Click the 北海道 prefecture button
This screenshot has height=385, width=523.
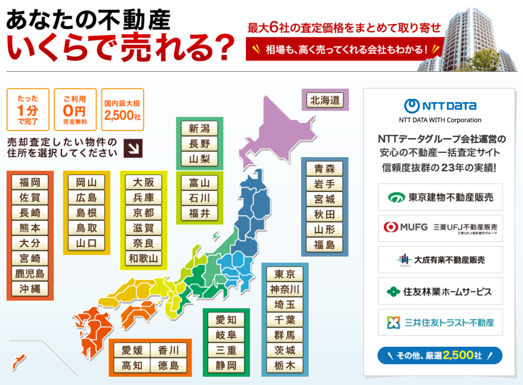[325, 100]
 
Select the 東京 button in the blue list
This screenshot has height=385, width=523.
[285, 274]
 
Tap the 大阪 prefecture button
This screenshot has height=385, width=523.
[144, 182]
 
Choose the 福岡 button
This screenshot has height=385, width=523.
[30, 182]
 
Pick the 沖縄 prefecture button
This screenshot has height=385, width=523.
[30, 289]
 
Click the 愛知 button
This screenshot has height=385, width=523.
[226, 320]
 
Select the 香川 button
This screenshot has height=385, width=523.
[168, 350]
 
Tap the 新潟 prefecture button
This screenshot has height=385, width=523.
[199, 128]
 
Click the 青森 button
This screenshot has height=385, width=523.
[325, 168]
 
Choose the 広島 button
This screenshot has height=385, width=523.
[87, 198]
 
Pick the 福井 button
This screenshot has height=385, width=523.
[199, 213]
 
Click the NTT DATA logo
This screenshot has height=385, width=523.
[440, 106]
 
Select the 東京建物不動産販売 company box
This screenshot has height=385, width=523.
[440, 197]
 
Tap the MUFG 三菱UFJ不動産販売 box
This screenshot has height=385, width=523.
[440, 228]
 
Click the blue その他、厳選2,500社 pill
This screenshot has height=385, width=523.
[440, 355]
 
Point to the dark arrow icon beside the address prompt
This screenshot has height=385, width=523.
[133, 148]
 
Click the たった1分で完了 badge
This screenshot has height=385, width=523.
[27, 110]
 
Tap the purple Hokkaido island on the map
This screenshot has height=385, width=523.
[278, 131]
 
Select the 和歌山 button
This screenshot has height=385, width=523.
[144, 258]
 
